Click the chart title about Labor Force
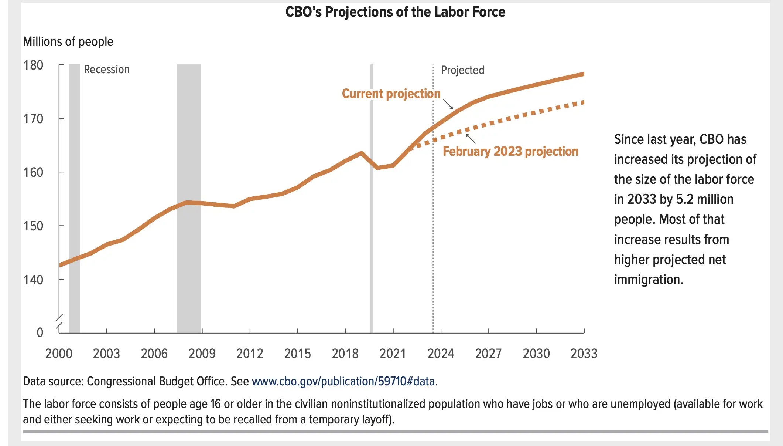395,12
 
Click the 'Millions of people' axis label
68,41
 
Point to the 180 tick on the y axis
33,65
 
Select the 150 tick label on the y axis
33,226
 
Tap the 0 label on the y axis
40,332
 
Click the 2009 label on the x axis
202,354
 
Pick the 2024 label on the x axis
441,354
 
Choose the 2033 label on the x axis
584,354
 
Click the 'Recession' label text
107,70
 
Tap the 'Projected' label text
462,70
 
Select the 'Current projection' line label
391,94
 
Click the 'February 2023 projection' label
510,151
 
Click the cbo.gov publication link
343,381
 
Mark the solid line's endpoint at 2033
583,74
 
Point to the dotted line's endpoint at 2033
583,102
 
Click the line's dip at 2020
377,168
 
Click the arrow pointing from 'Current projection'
448,104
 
